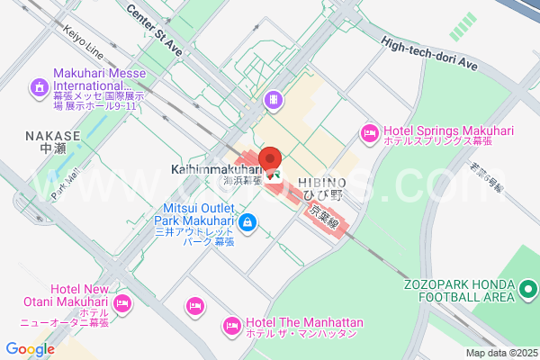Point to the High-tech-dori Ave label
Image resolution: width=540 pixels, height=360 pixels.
coord(428,53)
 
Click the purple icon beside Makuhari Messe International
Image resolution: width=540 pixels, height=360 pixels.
coord(39,87)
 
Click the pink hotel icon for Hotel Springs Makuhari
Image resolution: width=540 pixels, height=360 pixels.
coord(368,133)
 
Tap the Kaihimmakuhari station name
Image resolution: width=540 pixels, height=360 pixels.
coord(212,168)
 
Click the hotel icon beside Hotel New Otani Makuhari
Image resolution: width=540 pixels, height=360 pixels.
coord(123,301)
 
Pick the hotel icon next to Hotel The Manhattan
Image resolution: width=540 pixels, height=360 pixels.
coord(231,323)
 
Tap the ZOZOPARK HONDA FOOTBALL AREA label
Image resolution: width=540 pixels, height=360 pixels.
coord(459,288)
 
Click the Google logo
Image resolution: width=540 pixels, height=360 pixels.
coord(30,349)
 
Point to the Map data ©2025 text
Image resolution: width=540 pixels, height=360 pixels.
coord(499,353)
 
